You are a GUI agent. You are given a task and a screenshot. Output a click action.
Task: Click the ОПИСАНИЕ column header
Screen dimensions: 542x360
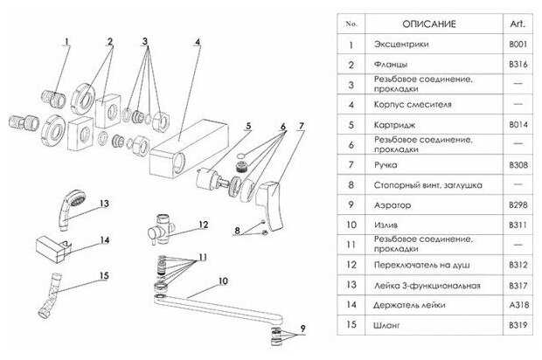429,24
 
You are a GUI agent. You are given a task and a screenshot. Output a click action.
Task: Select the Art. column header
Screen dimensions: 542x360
518,24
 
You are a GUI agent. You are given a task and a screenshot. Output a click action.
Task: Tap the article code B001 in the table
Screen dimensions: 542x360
518,45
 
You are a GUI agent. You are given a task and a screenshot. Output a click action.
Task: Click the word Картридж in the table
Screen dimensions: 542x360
394,125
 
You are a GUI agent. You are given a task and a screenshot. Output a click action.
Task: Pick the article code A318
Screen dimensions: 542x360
519,305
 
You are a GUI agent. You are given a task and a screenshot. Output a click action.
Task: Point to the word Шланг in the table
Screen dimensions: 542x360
386,325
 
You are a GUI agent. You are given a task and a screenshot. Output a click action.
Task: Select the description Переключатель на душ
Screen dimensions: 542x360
421,265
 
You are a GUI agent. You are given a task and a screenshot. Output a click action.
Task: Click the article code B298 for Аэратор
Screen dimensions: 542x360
518,204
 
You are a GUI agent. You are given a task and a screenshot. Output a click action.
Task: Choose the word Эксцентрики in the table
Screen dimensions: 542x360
401,45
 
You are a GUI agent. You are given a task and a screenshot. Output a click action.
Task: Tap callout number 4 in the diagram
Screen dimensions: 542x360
198,41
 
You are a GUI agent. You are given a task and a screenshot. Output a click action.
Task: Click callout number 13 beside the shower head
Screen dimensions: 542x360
104,204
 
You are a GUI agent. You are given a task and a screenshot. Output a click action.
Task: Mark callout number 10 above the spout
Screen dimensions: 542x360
223,280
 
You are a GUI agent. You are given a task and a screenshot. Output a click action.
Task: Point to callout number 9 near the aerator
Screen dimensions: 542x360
302,328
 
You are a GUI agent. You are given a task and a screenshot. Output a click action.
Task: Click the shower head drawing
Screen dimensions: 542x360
70,210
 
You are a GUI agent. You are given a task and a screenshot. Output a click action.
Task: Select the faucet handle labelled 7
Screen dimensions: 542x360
269,205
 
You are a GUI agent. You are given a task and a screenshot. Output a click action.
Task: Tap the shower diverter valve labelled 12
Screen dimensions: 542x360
161,228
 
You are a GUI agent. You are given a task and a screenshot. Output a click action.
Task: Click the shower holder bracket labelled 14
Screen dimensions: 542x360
52,248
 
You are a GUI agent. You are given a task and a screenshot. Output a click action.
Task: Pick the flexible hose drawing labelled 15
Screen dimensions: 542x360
50,294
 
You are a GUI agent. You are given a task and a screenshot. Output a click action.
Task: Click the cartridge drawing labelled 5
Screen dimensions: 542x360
210,178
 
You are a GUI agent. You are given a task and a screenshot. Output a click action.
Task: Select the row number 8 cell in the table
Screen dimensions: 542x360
351,184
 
